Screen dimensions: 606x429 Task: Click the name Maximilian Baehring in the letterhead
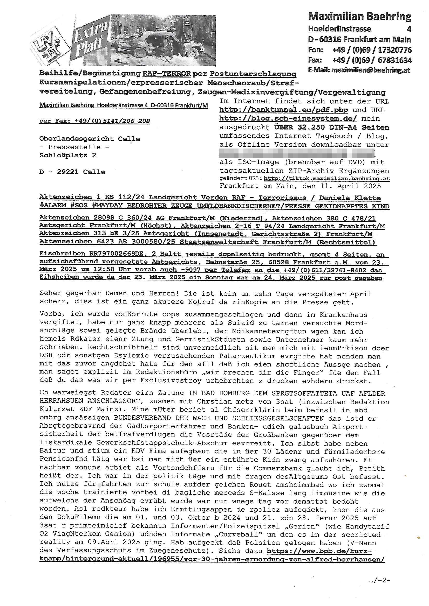pyautogui.click(x=359, y=17)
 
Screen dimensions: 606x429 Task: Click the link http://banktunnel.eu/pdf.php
pyautogui.click(x=283, y=110)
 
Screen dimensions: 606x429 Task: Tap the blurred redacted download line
pyautogui.click(x=297, y=153)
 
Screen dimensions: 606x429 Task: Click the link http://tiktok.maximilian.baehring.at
pyautogui.click(x=327, y=178)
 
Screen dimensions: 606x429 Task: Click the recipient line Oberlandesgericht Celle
pyautogui.click(x=90, y=139)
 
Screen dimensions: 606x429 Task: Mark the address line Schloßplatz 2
pyautogui.click(x=68, y=155)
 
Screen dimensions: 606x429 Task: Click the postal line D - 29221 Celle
pyautogui.click(x=72, y=172)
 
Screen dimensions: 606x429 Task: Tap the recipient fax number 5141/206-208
pyautogui.click(x=126, y=121)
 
